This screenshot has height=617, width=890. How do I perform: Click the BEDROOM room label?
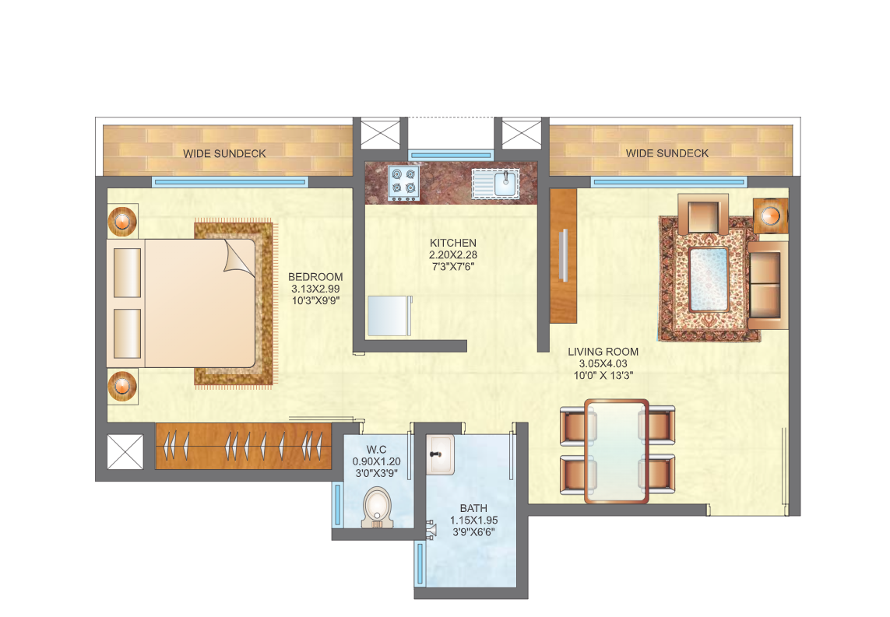coord(315,277)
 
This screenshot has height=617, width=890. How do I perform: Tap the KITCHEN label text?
coord(453,243)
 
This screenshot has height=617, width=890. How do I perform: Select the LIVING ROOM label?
coord(603,352)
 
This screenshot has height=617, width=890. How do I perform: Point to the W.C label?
coord(376,450)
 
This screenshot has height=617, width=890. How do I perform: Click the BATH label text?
coord(473,508)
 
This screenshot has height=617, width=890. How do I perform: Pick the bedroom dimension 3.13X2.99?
coord(315,289)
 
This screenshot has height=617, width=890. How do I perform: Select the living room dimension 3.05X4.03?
coord(603,363)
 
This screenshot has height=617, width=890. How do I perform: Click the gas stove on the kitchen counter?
coord(404,183)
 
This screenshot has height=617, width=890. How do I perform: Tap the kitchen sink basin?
coord(505,183)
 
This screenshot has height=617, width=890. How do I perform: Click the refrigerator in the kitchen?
coord(389,316)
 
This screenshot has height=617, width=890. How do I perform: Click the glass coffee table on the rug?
coord(709,279)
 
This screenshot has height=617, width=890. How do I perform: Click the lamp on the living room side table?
coord(770,216)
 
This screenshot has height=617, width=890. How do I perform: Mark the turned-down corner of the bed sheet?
coord(238,258)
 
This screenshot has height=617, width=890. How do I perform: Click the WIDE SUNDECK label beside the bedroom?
coord(224,153)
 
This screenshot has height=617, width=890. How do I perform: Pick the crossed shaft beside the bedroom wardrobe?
coord(125,452)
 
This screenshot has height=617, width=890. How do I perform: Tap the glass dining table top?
coord(617,451)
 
